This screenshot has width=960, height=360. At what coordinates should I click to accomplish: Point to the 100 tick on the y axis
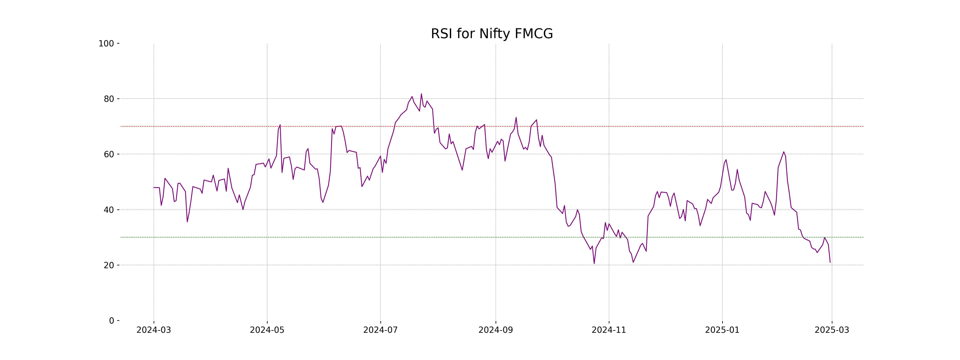click(x=106, y=44)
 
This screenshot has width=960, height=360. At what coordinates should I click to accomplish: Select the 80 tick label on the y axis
click(x=109, y=99)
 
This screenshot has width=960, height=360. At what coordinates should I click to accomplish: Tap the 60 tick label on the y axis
click(x=109, y=154)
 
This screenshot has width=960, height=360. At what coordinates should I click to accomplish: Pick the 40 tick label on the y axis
click(x=109, y=210)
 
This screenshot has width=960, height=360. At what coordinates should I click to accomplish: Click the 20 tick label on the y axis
click(x=109, y=265)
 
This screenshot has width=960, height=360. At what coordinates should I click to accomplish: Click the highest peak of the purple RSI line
click(x=421, y=94)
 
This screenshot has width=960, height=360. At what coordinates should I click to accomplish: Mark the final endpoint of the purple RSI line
click(x=830, y=262)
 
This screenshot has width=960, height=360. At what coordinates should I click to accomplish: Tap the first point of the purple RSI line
click(x=154, y=187)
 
